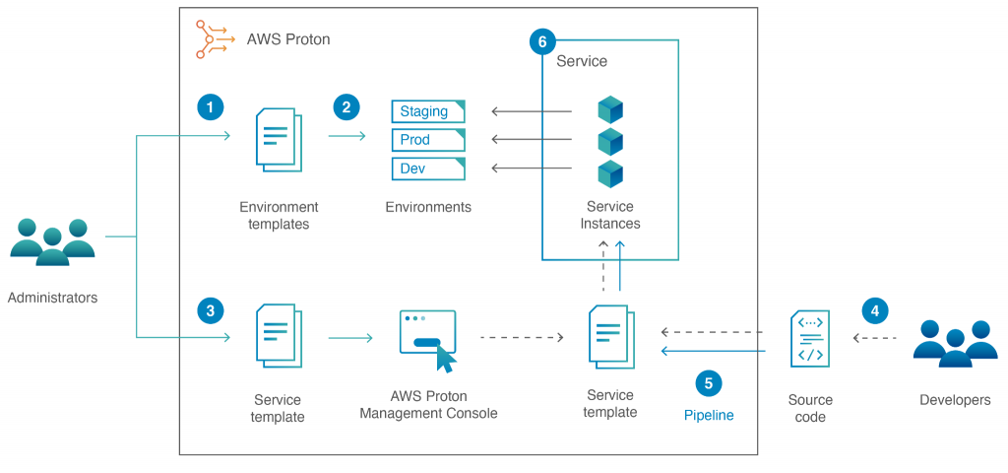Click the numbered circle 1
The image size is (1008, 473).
click(x=211, y=106)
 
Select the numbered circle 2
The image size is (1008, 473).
click(x=346, y=106)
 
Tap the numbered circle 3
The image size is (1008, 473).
click(x=211, y=311)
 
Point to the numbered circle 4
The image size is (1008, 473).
click(x=874, y=311)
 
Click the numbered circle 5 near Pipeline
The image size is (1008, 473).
click(x=708, y=382)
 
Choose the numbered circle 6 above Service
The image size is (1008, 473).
click(x=541, y=41)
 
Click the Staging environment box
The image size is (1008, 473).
click(x=428, y=111)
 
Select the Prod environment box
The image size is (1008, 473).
click(x=428, y=140)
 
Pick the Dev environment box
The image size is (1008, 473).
click(x=428, y=169)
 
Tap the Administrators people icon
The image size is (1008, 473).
click(x=52, y=241)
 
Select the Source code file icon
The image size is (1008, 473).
click(x=810, y=338)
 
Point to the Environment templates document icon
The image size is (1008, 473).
click(x=279, y=141)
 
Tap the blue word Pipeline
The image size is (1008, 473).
click(x=709, y=416)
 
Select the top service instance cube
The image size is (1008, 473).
click(x=610, y=110)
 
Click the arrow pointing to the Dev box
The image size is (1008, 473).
click(x=532, y=169)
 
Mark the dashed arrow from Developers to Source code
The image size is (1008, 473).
click(x=875, y=338)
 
